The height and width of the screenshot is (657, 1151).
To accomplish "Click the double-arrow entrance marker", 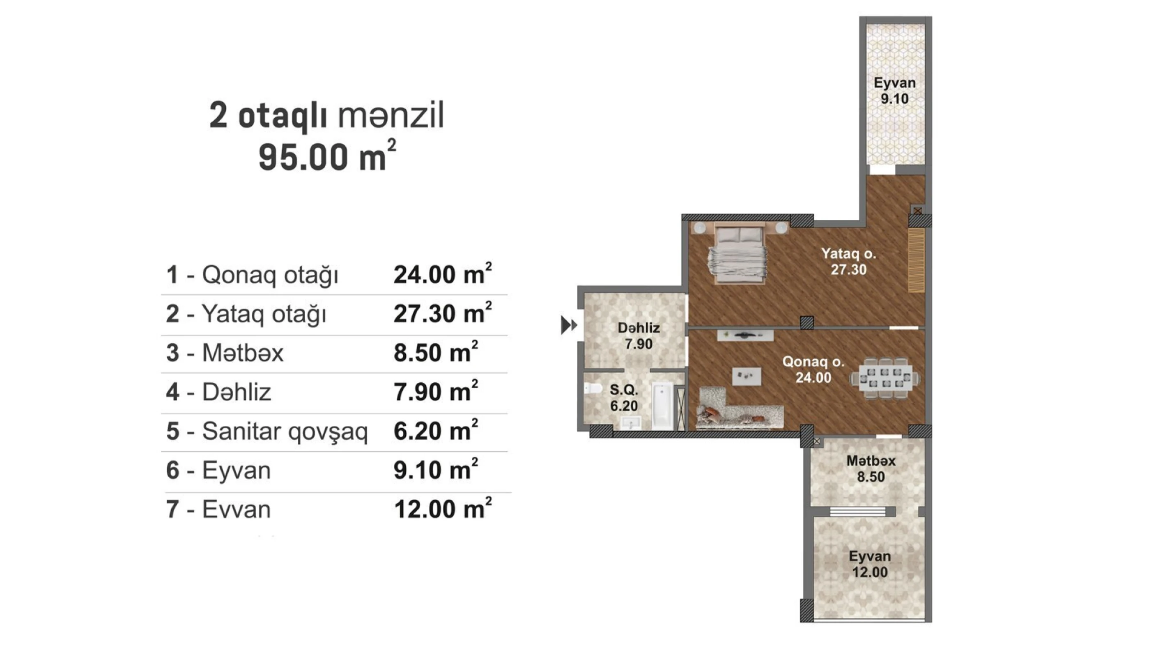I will [x=568, y=325].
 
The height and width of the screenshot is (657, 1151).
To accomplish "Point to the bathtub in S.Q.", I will [x=662, y=406].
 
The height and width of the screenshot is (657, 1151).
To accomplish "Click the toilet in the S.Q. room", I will [x=593, y=388].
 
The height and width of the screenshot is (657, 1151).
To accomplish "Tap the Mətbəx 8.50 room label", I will [x=871, y=469].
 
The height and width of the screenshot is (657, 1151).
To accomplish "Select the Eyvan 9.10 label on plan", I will [x=894, y=91].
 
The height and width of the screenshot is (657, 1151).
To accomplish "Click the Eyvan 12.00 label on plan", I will [x=869, y=564].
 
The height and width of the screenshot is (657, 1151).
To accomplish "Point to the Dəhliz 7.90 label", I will [x=639, y=336].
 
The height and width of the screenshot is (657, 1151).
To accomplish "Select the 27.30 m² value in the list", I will [x=442, y=314].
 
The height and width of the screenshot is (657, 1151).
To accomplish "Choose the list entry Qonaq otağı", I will [x=269, y=275].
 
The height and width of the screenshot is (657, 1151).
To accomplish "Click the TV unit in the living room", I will [x=745, y=335].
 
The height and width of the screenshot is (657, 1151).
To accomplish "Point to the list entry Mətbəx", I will [x=242, y=353].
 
